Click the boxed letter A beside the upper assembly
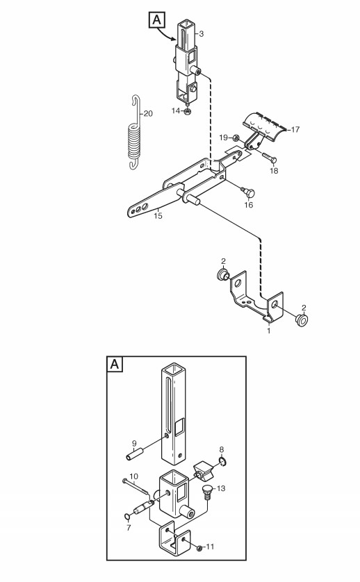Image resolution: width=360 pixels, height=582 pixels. click(x=157, y=19)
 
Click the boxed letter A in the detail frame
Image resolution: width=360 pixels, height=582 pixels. click(x=115, y=364)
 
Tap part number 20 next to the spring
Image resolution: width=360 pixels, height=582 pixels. click(x=148, y=114)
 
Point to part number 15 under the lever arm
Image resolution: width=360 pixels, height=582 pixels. click(x=158, y=216)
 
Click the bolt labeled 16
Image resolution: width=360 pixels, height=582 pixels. click(x=248, y=192)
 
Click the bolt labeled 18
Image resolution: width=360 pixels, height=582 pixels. click(x=269, y=158)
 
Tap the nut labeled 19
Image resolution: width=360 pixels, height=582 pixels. click(x=236, y=138)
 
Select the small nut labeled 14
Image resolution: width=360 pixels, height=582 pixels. click(x=188, y=111)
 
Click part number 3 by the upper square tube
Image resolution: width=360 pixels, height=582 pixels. click(x=202, y=34)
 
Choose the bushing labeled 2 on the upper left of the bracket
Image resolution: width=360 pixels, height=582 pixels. click(x=223, y=276)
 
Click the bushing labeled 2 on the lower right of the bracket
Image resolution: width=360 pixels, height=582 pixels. click(x=302, y=319)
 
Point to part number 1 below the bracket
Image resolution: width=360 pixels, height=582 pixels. click(x=269, y=331)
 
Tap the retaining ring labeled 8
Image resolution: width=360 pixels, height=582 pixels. click(x=222, y=462)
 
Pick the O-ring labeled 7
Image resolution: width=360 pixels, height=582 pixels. click(x=127, y=517)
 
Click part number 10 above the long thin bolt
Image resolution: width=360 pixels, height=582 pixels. click(x=133, y=476)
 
